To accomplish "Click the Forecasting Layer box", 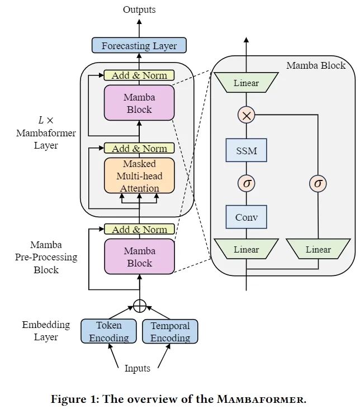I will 139,46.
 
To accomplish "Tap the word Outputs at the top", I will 139,9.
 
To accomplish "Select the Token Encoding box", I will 108,331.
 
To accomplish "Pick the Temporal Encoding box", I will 170,331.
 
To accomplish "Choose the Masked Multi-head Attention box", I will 139,176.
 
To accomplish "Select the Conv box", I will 247,217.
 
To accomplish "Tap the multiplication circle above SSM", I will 247,115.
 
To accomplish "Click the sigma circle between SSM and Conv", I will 247,183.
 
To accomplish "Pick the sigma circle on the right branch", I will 318,183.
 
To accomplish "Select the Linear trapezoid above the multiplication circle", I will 247,83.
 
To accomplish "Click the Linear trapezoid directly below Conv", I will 247,249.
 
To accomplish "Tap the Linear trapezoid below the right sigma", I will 318,249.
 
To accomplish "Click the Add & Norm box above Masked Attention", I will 139,148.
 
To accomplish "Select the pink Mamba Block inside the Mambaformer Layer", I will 139,103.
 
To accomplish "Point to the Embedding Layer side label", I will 46,331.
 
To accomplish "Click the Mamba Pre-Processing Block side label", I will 46,258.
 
